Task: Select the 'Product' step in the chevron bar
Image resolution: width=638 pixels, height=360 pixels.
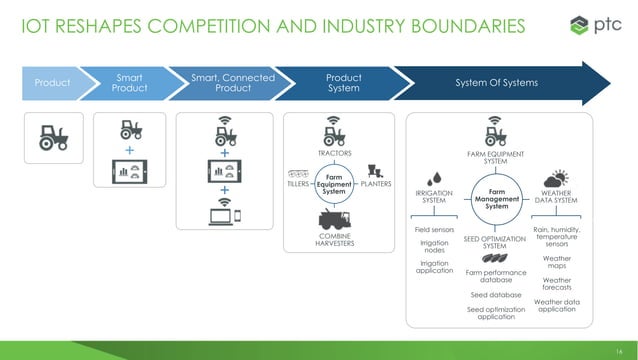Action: (52, 82)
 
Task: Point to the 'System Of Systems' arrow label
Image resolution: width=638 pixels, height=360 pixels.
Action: (497, 82)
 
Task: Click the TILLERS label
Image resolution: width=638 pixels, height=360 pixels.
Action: (299, 184)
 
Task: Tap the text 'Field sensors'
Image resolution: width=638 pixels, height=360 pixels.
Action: (434, 230)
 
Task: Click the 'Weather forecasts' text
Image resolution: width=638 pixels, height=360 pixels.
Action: (557, 284)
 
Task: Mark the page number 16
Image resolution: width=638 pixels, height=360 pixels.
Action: (619, 342)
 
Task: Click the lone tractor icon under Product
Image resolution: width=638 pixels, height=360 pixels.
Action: (52, 138)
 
